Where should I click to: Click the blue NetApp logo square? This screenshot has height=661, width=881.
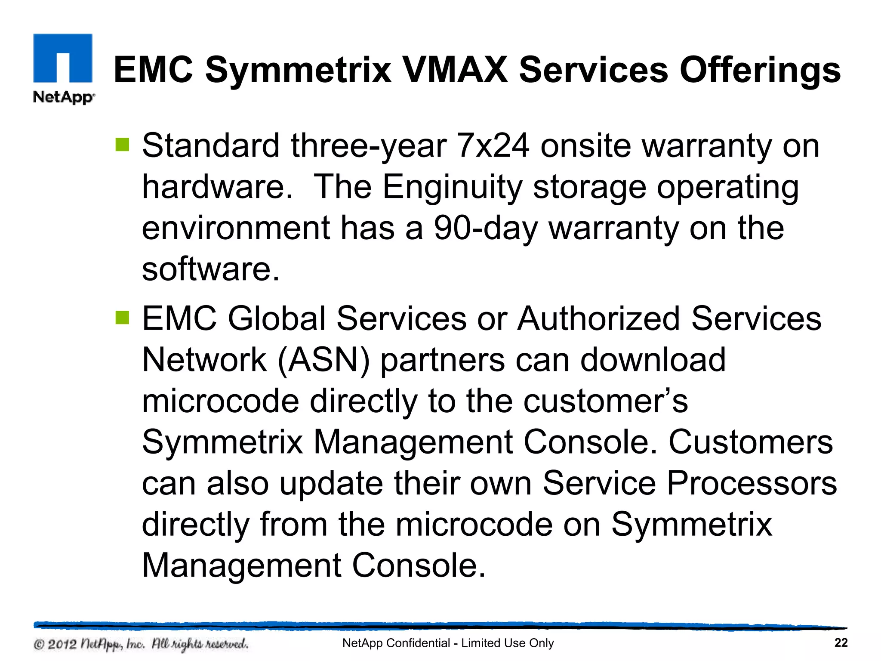[x=63, y=58]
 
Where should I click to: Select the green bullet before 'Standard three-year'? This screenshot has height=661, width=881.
[x=123, y=145]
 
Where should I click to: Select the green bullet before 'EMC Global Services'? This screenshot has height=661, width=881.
[x=123, y=318]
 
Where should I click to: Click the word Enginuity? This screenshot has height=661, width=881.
[x=452, y=188]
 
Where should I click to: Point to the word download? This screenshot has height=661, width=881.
[x=653, y=360]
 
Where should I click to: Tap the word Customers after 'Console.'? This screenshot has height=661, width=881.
[x=751, y=442]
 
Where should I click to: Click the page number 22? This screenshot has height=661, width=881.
[x=841, y=643]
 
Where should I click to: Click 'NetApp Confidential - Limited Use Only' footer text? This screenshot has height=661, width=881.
[x=448, y=643]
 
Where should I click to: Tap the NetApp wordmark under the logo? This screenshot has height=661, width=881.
[x=64, y=97]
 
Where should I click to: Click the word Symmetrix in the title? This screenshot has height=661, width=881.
[x=298, y=70]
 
